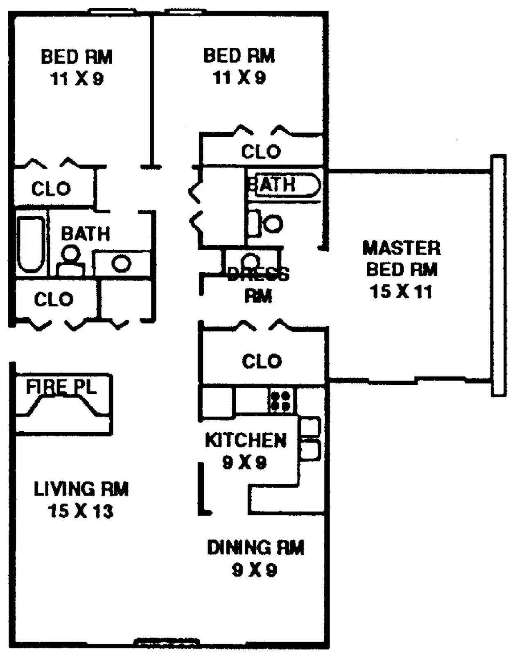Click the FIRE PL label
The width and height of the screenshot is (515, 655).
61,386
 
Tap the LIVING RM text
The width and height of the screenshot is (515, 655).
81,489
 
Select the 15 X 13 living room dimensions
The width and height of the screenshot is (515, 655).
81,511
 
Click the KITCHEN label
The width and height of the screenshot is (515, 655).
246,440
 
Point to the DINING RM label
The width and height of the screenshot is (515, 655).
255,548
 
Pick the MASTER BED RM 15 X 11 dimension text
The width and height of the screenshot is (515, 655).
401,292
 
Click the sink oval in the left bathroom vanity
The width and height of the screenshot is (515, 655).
121,263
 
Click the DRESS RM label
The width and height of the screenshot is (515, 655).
258,285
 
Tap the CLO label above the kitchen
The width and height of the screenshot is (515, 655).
262,361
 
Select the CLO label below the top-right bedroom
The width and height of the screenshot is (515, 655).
261,152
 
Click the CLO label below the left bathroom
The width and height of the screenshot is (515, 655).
54,300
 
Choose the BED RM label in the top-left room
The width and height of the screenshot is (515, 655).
77,57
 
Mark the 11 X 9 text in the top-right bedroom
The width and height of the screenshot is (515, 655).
239,77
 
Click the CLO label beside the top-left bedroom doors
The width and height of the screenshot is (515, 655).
51,189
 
